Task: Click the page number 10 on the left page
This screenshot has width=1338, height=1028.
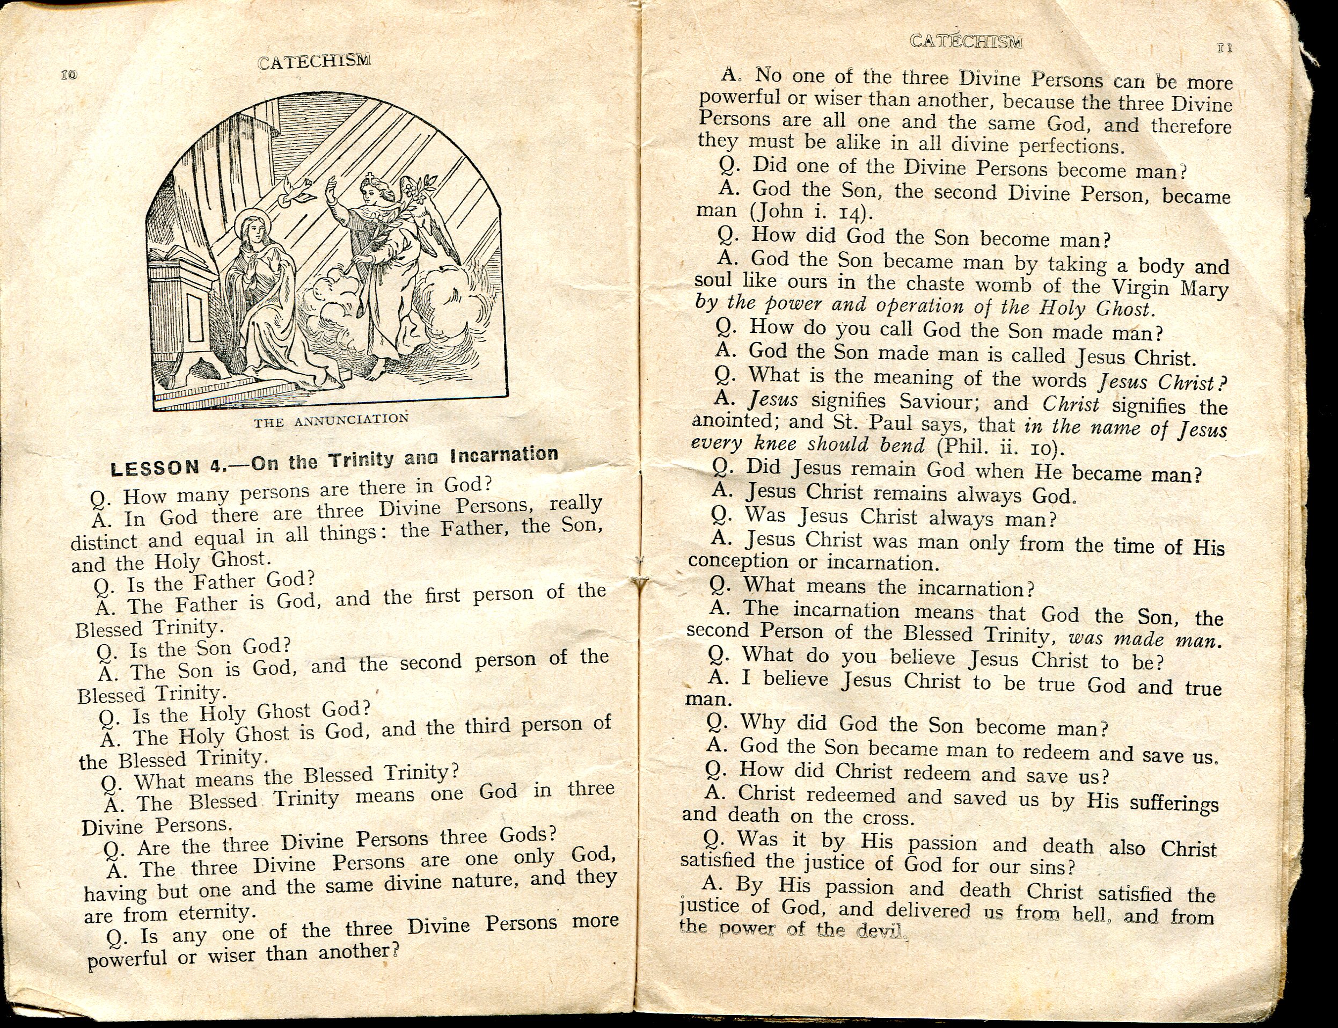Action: click(x=68, y=75)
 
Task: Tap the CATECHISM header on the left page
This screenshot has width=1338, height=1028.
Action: click(x=314, y=62)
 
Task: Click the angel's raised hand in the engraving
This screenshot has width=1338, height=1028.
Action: click(x=332, y=185)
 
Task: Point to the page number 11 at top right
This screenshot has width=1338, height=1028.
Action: click(x=1224, y=48)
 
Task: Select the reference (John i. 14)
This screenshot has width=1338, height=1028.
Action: click(x=808, y=212)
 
